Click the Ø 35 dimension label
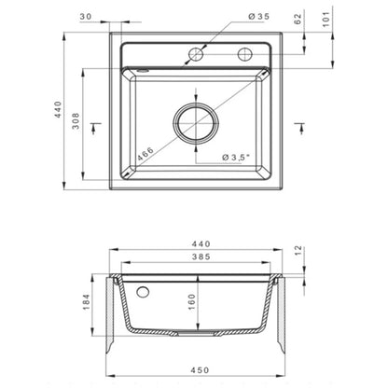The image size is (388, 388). coord(258,17)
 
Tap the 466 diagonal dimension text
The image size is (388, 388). coord(145,154)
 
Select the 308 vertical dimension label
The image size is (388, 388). coord(76,121)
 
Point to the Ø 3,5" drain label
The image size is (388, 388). coord(236,158)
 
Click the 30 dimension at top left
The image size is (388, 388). coord(86,17)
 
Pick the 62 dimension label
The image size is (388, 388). coord(298,19)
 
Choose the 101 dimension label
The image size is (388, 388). coord(326,20)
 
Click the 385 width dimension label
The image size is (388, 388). coord(201,256)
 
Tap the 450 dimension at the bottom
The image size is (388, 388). coord(201,370)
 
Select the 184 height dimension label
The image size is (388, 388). coord(86,301)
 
